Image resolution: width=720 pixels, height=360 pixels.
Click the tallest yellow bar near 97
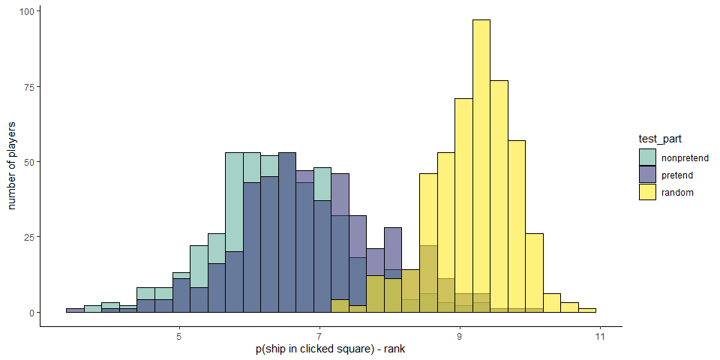(x=481, y=165)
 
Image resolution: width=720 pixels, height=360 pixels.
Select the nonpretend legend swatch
(x=648, y=157)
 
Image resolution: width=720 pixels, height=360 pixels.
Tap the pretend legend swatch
(x=648, y=175)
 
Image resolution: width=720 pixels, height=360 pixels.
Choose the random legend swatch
(x=648, y=192)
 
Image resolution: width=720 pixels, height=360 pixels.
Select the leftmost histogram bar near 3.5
(x=75, y=310)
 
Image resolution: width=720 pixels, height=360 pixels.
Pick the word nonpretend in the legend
(x=685, y=158)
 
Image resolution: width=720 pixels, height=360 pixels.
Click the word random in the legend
(x=677, y=193)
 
